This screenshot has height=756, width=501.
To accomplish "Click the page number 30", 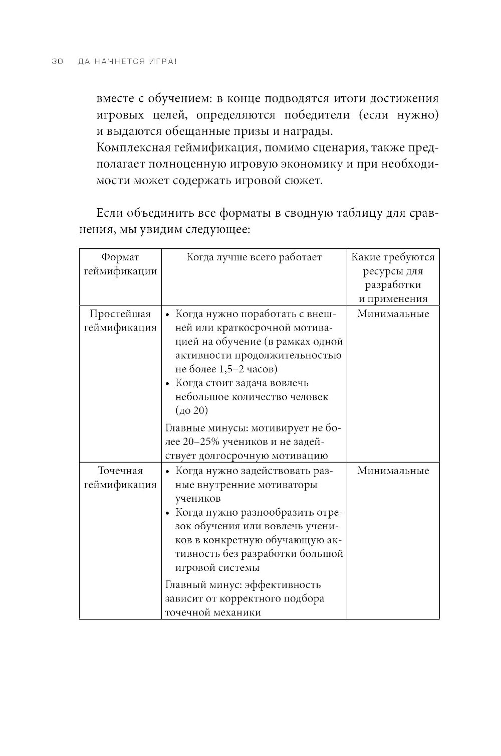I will click(x=56, y=62).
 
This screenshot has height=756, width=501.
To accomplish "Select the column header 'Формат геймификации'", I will click(x=120, y=264).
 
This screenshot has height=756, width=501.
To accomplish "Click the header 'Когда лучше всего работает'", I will click(x=254, y=257).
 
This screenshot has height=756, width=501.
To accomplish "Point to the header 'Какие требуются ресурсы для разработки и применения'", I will click(x=393, y=278).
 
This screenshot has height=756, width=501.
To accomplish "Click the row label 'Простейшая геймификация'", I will click(x=120, y=321).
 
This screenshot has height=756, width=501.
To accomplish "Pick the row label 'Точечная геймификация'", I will click(x=120, y=478).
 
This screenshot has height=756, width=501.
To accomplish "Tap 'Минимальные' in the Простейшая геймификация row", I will click(x=393, y=314).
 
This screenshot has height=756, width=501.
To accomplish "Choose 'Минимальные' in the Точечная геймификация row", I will click(x=393, y=471).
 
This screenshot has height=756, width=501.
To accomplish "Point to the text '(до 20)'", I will click(x=192, y=410).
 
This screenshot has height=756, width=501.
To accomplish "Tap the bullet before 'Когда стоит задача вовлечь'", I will click(x=168, y=383).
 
